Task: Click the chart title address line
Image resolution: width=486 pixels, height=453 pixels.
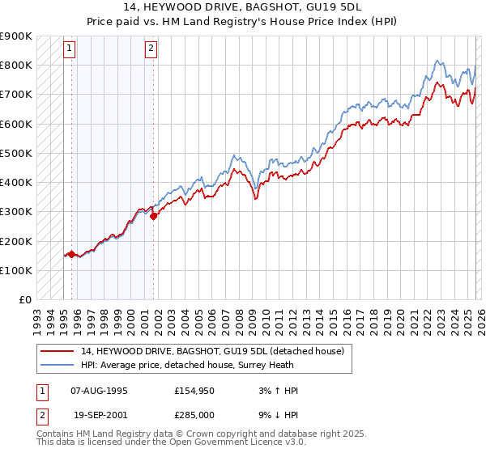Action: tap(242, 6)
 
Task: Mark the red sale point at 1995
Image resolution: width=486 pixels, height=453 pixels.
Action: tap(71, 254)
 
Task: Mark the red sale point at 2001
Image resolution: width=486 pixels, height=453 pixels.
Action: tap(153, 216)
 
